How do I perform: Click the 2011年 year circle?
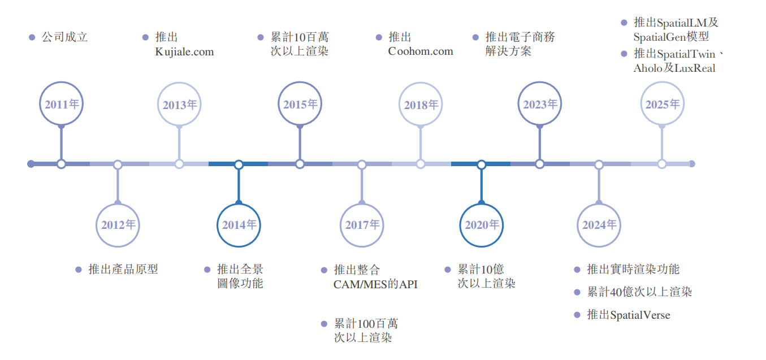coord(62,104)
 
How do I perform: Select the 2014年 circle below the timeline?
coord(239,225)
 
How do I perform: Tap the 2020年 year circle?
coord(482,225)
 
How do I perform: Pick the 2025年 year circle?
coord(662,104)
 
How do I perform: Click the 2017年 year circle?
coord(362,225)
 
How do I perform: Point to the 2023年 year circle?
coord(540,104)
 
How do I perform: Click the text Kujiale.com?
coord(184,52)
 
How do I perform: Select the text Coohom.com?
coord(421,51)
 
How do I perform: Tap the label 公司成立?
coord(65,37)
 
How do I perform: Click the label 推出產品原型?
coord(123,270)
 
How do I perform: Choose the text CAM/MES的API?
coord(375,284)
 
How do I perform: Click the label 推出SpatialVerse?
coord(629,315)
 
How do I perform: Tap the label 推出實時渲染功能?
coord(633,270)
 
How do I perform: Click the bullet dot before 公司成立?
coord(32,38)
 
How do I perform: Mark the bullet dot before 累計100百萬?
coord(324,324)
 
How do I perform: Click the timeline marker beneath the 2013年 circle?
coord(179,164)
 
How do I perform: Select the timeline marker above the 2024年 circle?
coord(599,164)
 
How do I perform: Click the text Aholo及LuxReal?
coord(674,68)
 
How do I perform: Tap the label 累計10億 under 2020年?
coord(481,270)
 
